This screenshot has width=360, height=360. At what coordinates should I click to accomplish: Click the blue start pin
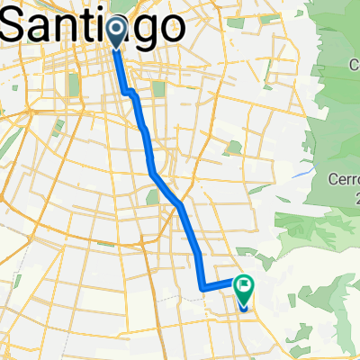pyautogui.click(x=117, y=30)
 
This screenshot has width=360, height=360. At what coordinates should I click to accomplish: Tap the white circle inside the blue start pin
pyautogui.click(x=117, y=27)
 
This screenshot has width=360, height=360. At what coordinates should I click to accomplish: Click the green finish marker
pyautogui.click(x=244, y=289)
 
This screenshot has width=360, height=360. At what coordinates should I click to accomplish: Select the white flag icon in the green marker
pyautogui.click(x=244, y=286)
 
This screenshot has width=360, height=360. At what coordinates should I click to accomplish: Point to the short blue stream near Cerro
pyautogui.click(x=310, y=168)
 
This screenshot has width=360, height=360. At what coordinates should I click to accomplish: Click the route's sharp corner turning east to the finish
pyautogui.click(x=201, y=288)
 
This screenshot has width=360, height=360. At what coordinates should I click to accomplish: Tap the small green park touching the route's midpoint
pyautogui.click(x=150, y=196)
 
